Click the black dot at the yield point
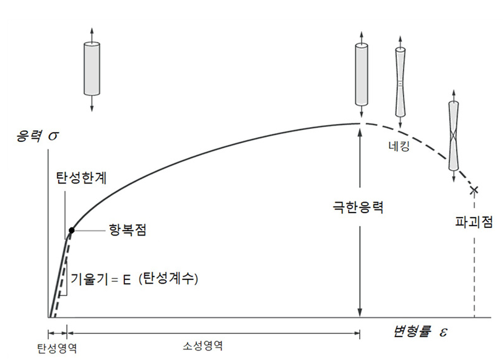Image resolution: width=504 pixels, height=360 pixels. coord(71,230)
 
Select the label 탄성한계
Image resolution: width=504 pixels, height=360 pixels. coord(77,178)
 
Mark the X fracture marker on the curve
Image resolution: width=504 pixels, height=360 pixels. coord(474,189)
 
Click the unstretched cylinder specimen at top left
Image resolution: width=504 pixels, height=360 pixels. coord(91,68)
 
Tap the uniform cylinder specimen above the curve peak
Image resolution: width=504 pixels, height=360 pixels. coord(361,74)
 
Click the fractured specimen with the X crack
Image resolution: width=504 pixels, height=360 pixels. coord(454,137)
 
